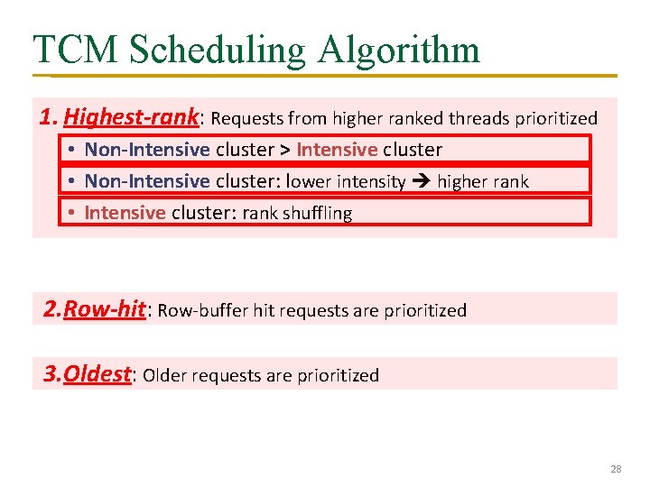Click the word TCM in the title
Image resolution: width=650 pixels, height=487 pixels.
tap(76, 50)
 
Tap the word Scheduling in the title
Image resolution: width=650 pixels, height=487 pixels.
tap(217, 50)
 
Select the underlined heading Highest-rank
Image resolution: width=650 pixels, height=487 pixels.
tap(132, 117)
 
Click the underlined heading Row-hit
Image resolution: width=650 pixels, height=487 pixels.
tap(106, 309)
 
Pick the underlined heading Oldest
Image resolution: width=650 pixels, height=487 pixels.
tap(97, 374)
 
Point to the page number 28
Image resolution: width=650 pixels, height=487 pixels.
tap(617, 469)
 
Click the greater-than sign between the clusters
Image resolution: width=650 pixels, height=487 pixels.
tap(283, 150)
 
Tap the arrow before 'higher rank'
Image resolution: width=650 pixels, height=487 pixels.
tap(422, 181)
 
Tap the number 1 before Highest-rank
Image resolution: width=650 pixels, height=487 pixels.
tap(50, 117)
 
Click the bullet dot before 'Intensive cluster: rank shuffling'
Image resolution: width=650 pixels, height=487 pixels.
tap(70, 213)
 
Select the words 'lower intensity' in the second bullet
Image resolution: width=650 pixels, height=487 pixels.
tap(346, 181)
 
